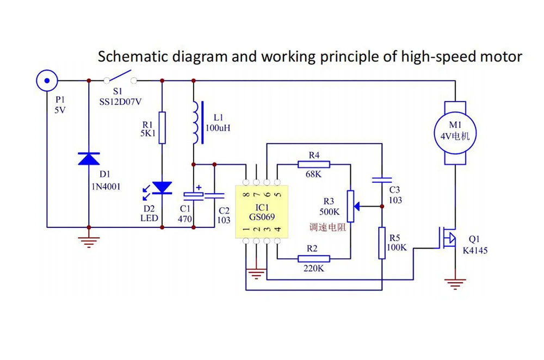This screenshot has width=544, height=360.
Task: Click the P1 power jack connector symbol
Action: pos(47,80)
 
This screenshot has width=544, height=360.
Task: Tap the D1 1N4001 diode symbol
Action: pos(89,158)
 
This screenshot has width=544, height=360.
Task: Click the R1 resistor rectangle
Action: pos(162,128)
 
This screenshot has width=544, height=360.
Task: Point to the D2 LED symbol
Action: pos(162,188)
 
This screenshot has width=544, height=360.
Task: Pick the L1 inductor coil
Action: pos(194,123)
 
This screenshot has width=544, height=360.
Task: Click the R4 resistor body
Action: pos(314,164)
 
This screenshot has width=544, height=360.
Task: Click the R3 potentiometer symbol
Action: pos(351,207)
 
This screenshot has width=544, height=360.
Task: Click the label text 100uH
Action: pos(218,128)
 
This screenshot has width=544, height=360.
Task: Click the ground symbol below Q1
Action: pos(454,283)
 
